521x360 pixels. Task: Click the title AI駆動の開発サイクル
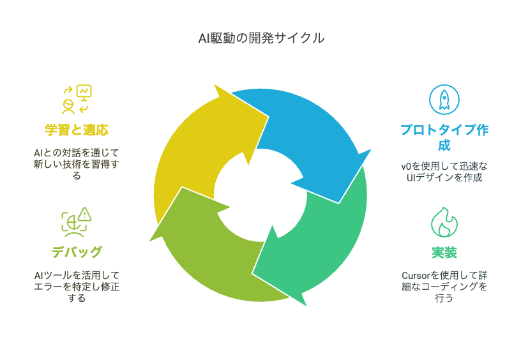261,38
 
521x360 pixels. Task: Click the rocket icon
444,100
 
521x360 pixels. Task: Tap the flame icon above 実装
444,222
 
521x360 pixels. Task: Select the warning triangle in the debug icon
85,214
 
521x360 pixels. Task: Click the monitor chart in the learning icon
84,93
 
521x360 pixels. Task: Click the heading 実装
444,253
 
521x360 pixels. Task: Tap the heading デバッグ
77,252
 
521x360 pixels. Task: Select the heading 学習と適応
77,130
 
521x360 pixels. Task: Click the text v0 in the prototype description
406,166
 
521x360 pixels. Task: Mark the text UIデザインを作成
444,177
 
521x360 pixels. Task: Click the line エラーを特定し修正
77,286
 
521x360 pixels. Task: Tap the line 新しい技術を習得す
77,164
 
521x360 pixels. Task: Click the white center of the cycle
260,195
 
